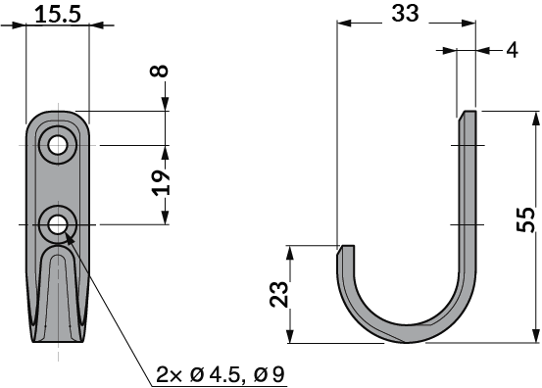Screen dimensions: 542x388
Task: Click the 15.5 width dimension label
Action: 58,15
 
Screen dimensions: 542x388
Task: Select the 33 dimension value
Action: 405,14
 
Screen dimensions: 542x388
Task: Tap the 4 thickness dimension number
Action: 512,50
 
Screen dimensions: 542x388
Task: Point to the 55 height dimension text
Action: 525,219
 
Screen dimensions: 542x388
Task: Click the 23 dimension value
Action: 279,294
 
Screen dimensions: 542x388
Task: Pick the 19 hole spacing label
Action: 162,183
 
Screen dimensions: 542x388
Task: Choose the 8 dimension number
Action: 159,71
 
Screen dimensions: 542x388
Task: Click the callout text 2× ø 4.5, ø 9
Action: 220,374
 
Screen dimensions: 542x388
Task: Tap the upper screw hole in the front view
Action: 58,145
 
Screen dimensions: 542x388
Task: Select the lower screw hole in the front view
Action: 58,225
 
